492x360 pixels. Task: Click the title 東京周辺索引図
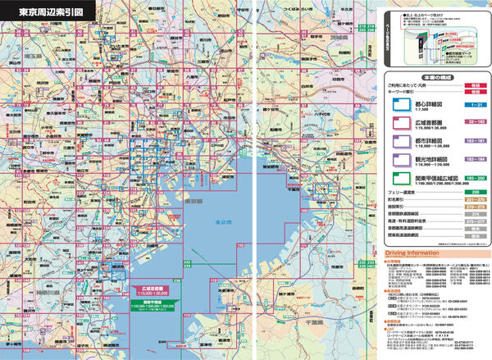pyautogui.click(x=42, y=13)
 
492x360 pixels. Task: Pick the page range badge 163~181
pyautogui.click(x=471, y=140)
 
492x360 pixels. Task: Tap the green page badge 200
pyautogui.click(x=471, y=190)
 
